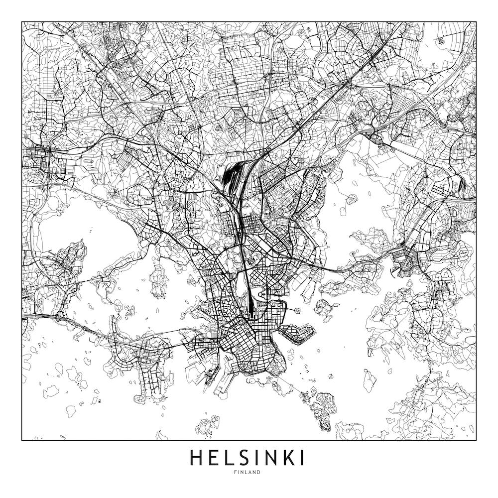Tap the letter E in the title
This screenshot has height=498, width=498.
click(214, 458)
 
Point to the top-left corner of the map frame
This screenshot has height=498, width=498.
click(22, 22)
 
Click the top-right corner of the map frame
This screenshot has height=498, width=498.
click(476, 22)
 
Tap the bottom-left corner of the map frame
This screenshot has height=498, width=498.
click(22, 440)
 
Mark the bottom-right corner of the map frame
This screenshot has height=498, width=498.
click(476, 440)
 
